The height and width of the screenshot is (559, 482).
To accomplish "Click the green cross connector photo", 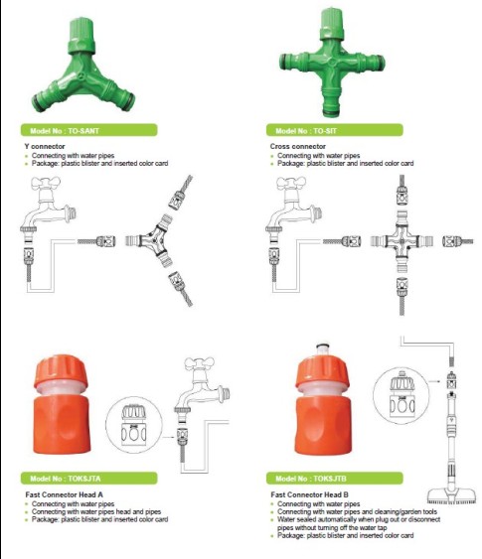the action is [332, 63].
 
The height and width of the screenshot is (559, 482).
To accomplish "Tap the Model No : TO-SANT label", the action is [88, 130].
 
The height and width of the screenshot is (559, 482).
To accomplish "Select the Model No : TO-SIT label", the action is [334, 130].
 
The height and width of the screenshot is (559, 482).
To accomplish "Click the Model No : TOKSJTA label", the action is [88, 479].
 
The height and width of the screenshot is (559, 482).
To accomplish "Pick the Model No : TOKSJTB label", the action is [334, 479].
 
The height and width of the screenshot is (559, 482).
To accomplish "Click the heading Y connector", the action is [45, 146].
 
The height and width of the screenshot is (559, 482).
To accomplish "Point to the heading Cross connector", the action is [298, 146].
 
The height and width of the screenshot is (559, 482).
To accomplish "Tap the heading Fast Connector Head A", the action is [65, 494].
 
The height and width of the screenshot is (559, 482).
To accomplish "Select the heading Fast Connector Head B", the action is [310, 494].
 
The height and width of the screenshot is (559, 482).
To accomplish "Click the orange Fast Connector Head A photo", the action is [62, 405].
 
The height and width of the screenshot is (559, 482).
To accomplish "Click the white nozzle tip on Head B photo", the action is [323, 348].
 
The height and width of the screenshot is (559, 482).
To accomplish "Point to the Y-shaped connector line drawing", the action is [153, 240].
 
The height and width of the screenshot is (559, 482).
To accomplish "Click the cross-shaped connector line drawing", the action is [402, 241].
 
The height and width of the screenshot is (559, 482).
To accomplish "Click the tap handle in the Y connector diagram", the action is [46, 183].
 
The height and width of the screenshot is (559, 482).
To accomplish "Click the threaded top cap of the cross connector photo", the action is [332, 23].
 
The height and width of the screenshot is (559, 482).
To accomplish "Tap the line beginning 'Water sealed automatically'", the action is [359, 519].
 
